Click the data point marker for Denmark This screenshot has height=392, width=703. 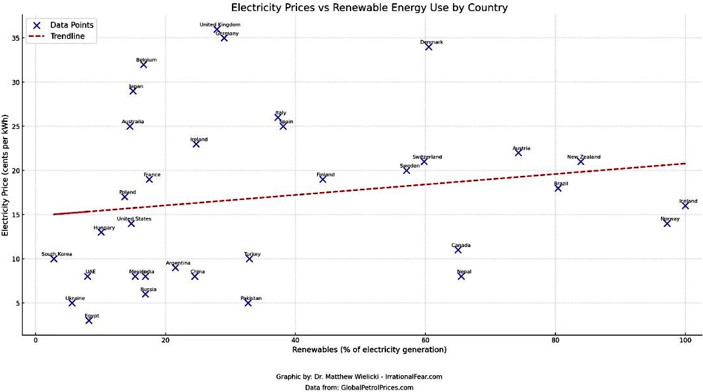click(x=429, y=46)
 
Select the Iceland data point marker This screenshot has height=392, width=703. click(x=686, y=206)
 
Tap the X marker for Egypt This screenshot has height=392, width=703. click(x=89, y=320)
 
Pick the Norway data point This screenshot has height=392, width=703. click(x=667, y=223)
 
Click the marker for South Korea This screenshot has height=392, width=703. click(x=54, y=259)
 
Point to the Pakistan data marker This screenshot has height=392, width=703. click(x=248, y=302)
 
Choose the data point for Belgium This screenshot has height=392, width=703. click(x=144, y=64)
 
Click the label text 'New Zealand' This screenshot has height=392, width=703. click(x=584, y=157)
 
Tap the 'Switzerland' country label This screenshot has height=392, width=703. click(x=427, y=157)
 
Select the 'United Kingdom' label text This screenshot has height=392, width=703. click(x=220, y=24)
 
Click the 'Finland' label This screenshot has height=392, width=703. click(x=325, y=175)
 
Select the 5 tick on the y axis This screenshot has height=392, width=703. click(x=15, y=303)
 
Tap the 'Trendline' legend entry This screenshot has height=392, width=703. click(x=72, y=37)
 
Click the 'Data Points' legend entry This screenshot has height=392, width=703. click(x=72, y=25)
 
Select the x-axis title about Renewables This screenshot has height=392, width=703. click(x=369, y=350)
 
